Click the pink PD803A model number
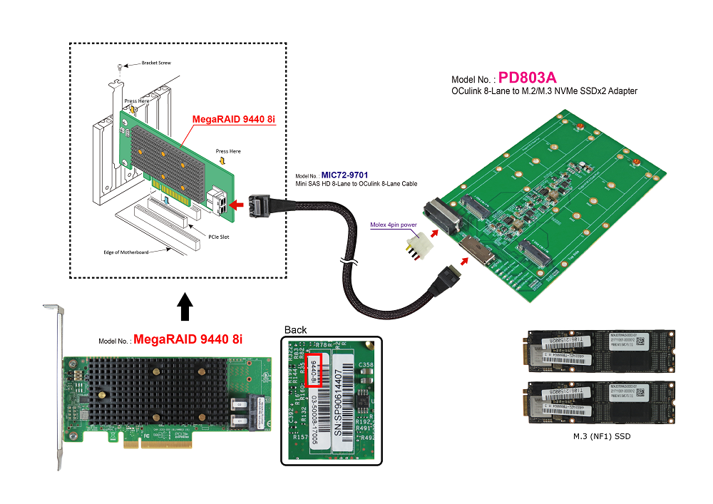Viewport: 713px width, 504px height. [x=528, y=77]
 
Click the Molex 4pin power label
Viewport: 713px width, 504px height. [x=393, y=225]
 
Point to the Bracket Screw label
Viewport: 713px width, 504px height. [x=156, y=63]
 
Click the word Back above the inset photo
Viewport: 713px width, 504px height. [x=296, y=329]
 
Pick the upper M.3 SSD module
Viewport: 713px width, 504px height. [x=600, y=351]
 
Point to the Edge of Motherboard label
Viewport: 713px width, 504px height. [x=125, y=252]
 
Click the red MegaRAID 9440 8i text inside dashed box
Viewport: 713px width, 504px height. [x=233, y=118]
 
